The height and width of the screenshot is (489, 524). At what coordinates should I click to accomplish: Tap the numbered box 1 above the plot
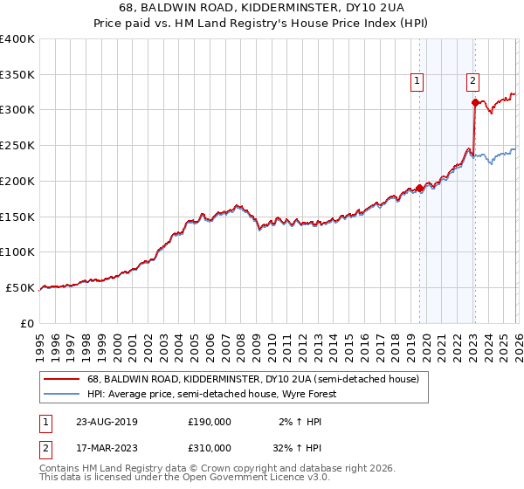[x=417, y=81]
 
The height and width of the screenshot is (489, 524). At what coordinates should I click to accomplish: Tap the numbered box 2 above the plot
[x=472, y=81]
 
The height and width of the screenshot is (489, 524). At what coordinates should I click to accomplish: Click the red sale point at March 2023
[x=475, y=102]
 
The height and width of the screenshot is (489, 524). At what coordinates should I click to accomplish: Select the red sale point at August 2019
[x=419, y=188]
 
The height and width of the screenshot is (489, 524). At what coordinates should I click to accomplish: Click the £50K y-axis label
[x=19, y=287]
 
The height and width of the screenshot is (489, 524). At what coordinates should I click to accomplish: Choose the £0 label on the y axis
[x=27, y=323]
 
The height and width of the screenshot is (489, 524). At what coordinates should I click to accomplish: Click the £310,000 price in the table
[x=210, y=447]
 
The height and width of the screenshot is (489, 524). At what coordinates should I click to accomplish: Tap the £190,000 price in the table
[x=210, y=421]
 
